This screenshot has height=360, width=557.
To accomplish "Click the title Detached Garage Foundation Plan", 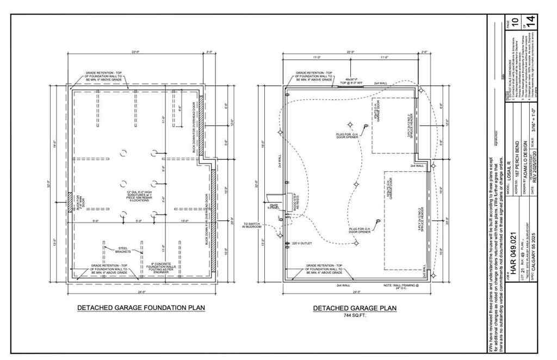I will coord(141,308).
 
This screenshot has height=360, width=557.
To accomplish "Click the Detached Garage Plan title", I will coord(355,308).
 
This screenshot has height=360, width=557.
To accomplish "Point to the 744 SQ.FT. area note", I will coord(355,315).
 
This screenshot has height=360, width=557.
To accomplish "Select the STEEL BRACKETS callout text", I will coord(125,251).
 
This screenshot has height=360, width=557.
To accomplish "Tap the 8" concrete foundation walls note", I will coord(162,268).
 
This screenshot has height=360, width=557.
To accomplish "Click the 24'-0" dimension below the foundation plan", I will coord(141,291).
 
